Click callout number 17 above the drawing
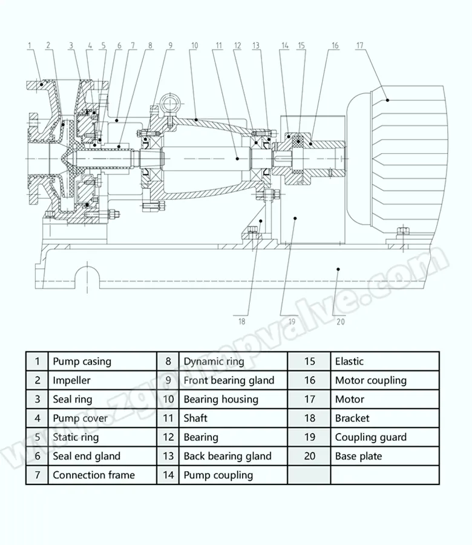click(360, 45)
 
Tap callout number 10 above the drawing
click(194, 45)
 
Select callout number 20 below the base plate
click(341, 322)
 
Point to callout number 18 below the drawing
click(241, 322)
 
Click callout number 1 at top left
click(30, 45)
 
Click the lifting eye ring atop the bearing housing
click(170, 102)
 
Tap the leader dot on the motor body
click(388, 100)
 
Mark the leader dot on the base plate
click(338, 269)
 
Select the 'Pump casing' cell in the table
click(102, 362)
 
